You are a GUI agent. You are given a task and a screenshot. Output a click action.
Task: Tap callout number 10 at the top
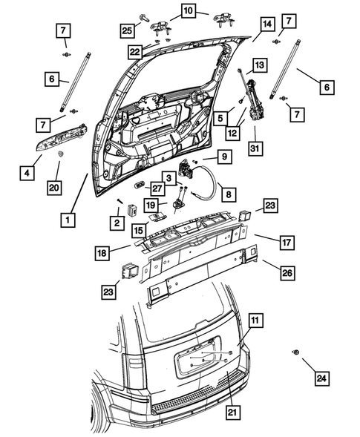pyautogui.click(x=186, y=10)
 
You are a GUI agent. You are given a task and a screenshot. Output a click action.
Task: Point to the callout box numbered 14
pyautogui.click(x=265, y=24)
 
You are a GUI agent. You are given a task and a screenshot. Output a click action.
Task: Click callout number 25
pyautogui.click(x=128, y=30)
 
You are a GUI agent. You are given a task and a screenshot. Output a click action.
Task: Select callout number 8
pyautogui.click(x=229, y=194)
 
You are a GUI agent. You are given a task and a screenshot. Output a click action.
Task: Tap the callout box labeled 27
pyautogui.click(x=158, y=188)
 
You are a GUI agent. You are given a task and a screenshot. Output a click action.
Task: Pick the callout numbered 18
pyautogui.click(x=102, y=253)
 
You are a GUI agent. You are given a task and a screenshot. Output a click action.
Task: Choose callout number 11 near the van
pyautogui.click(x=255, y=321)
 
